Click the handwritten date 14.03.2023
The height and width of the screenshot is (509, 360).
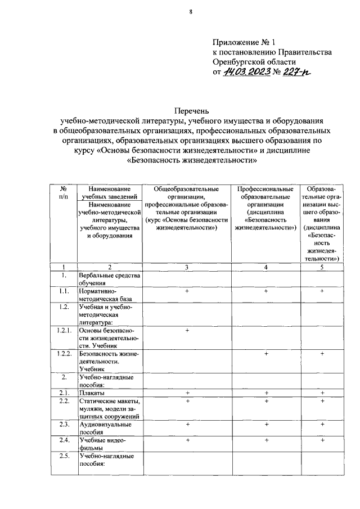click(247, 72)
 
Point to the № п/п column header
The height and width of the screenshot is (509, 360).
click(64, 192)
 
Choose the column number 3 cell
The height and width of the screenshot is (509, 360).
click(186, 267)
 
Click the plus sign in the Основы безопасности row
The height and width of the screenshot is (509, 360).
click(186, 330)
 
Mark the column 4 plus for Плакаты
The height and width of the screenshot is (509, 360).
click(265, 392)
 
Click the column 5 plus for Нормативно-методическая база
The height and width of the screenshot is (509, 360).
click(322, 291)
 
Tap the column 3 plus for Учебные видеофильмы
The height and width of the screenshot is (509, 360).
click(186, 440)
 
